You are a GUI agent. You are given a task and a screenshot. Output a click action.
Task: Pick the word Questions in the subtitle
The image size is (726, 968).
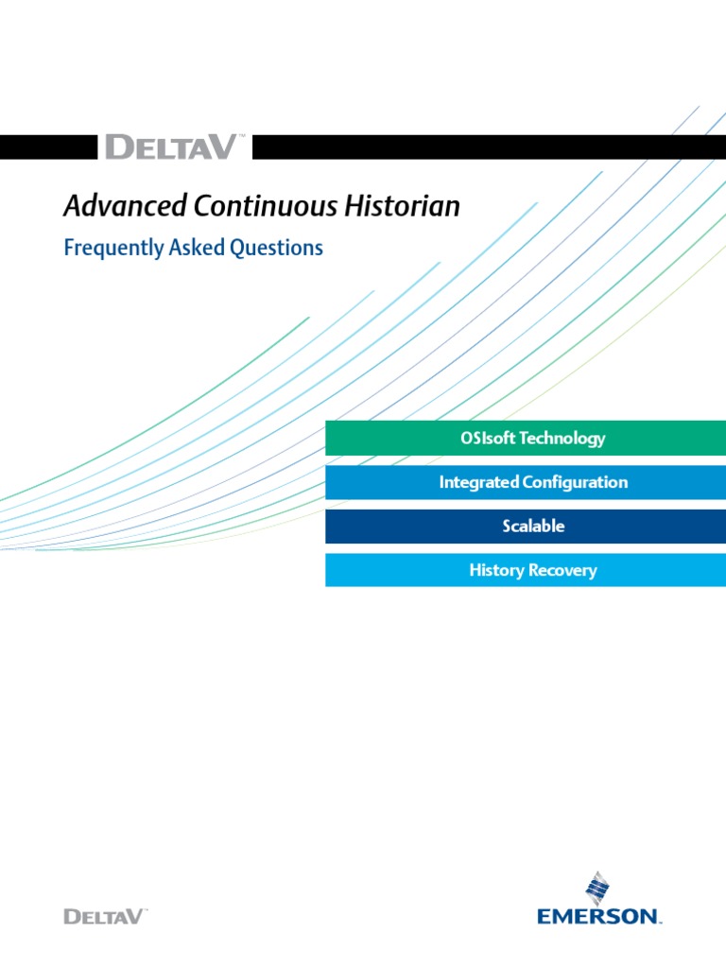277,249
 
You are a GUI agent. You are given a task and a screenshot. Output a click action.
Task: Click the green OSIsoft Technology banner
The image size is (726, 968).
526,439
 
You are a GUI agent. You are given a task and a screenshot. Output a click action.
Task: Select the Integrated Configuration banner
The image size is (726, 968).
526,482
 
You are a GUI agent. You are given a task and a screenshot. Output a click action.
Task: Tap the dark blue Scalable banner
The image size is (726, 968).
526,527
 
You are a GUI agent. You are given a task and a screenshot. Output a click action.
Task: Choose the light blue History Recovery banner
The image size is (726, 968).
526,570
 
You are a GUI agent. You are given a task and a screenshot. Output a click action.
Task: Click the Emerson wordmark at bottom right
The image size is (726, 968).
598,915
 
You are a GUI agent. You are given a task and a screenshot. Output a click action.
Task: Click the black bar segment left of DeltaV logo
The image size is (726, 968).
47,147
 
